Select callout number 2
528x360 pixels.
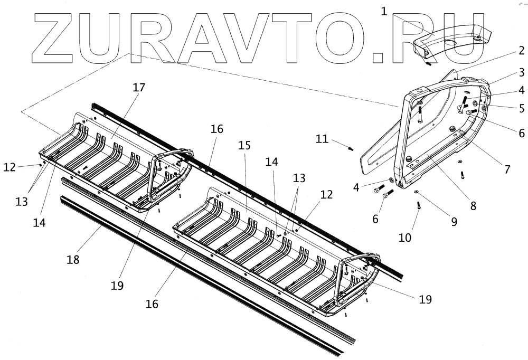click(521, 51)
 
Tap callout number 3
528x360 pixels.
click(521, 72)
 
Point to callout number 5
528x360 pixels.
click(521, 109)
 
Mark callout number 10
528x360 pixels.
click(405, 237)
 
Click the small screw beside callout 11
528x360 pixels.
click(351, 148)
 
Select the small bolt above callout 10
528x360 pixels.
click(419, 206)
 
